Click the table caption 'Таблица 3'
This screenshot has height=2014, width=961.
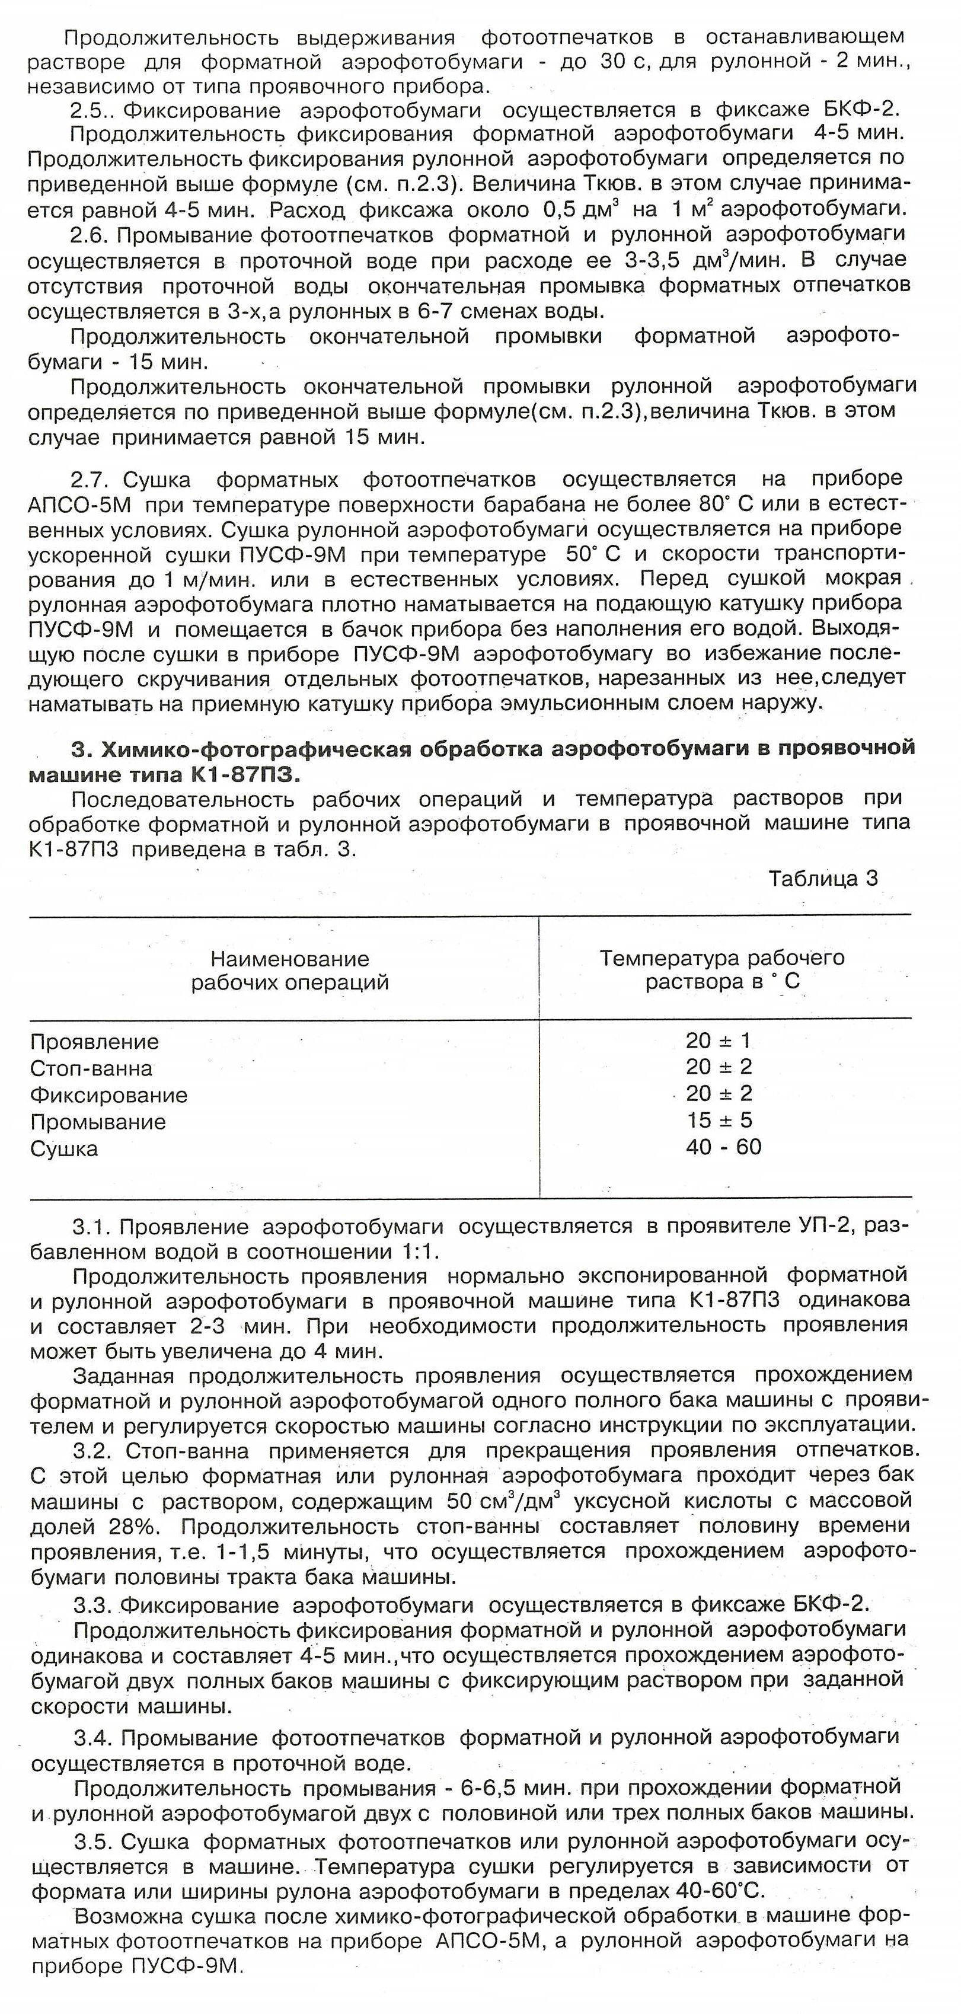pyautogui.click(x=823, y=879)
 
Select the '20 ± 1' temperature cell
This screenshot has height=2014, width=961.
pyautogui.click(x=718, y=1040)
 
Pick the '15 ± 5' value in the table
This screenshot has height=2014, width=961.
pyautogui.click(x=719, y=1121)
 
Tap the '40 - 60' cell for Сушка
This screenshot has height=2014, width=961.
pyautogui.click(x=723, y=1147)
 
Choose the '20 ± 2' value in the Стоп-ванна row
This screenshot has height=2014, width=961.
pyautogui.click(x=719, y=1067)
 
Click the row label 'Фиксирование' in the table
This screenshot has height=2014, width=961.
pyautogui.click(x=108, y=1094)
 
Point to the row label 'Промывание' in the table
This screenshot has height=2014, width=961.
pyautogui.click(x=98, y=1122)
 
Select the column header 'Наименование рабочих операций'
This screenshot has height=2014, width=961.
pyautogui.click(x=289, y=971)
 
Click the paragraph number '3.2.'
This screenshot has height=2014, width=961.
pyautogui.click(x=95, y=1451)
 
